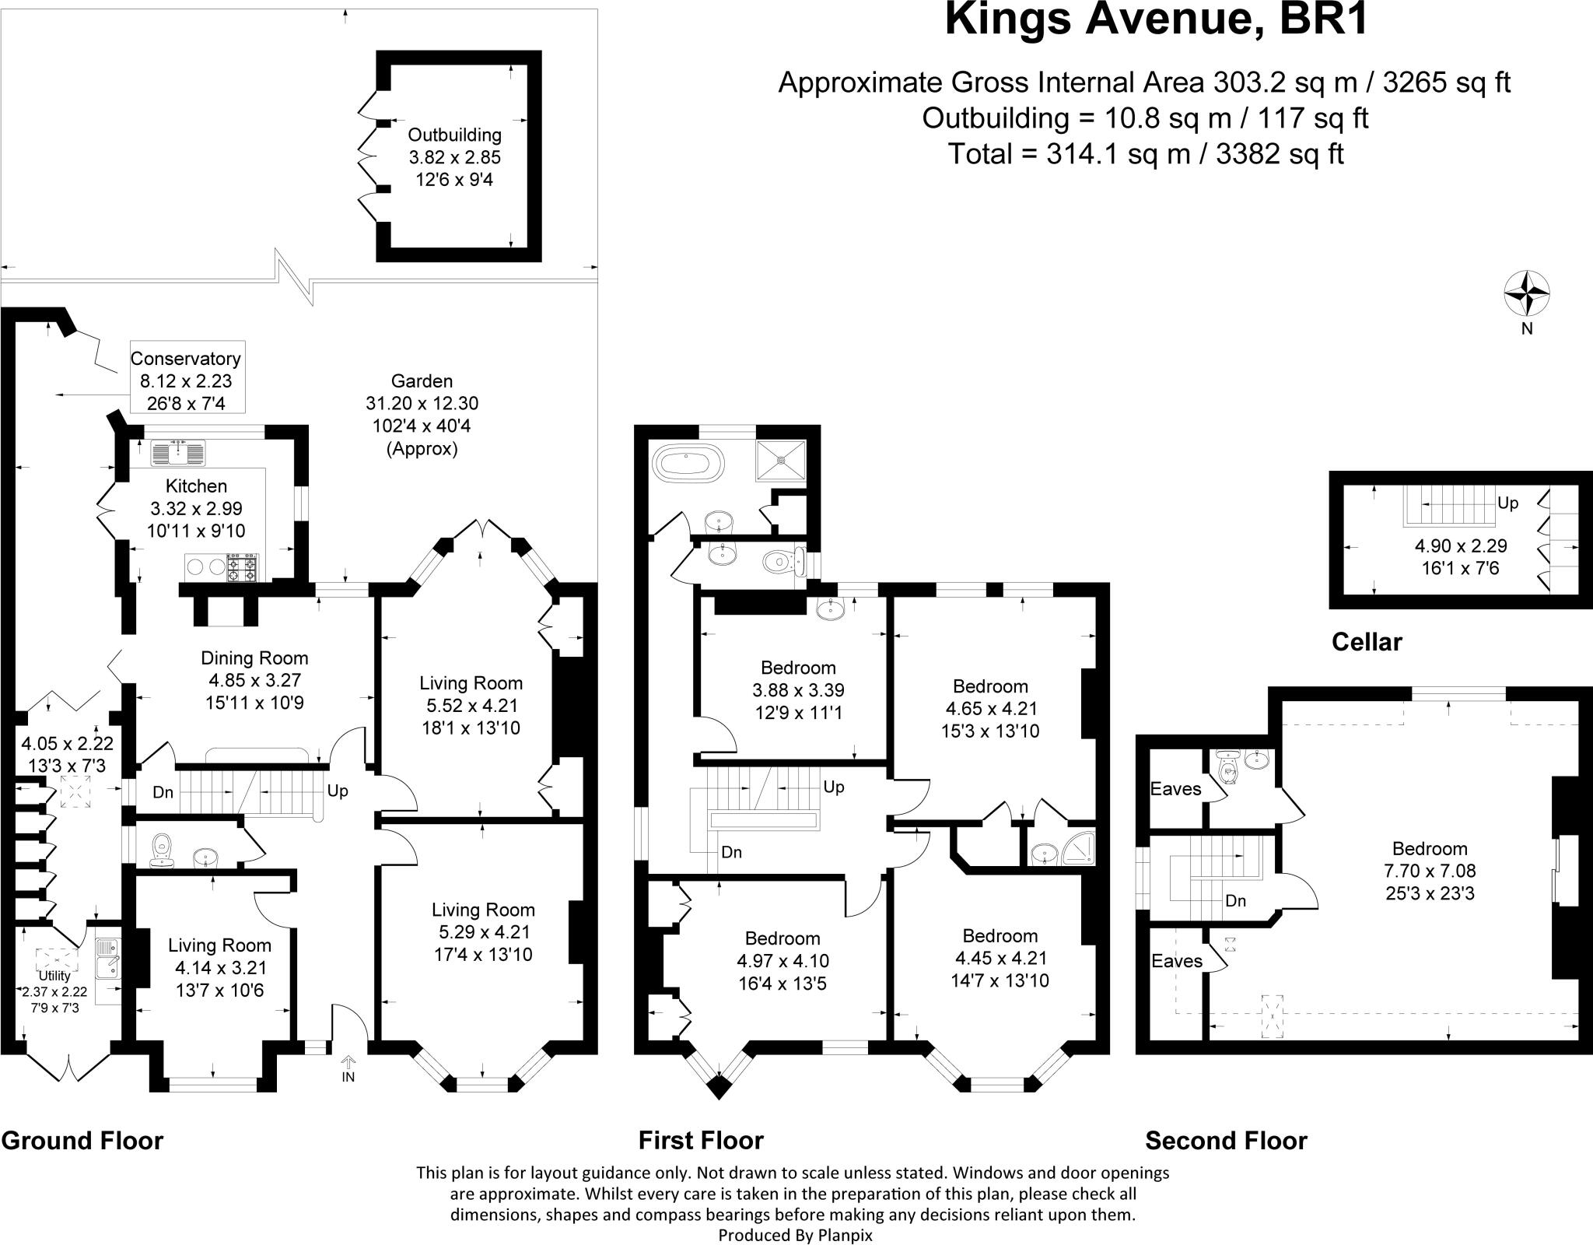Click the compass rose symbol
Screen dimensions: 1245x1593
pos(1526,295)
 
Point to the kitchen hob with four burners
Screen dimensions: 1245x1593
pos(241,568)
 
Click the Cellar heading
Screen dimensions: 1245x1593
pos(1367,641)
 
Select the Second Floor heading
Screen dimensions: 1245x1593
pos(1226,1141)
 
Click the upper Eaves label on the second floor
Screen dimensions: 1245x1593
pos(1175,789)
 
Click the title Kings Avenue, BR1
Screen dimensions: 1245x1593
pos(1156,21)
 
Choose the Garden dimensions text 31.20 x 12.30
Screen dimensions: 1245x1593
pos(422,403)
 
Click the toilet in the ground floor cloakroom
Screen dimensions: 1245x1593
pos(163,849)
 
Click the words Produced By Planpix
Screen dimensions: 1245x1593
pos(795,1235)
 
